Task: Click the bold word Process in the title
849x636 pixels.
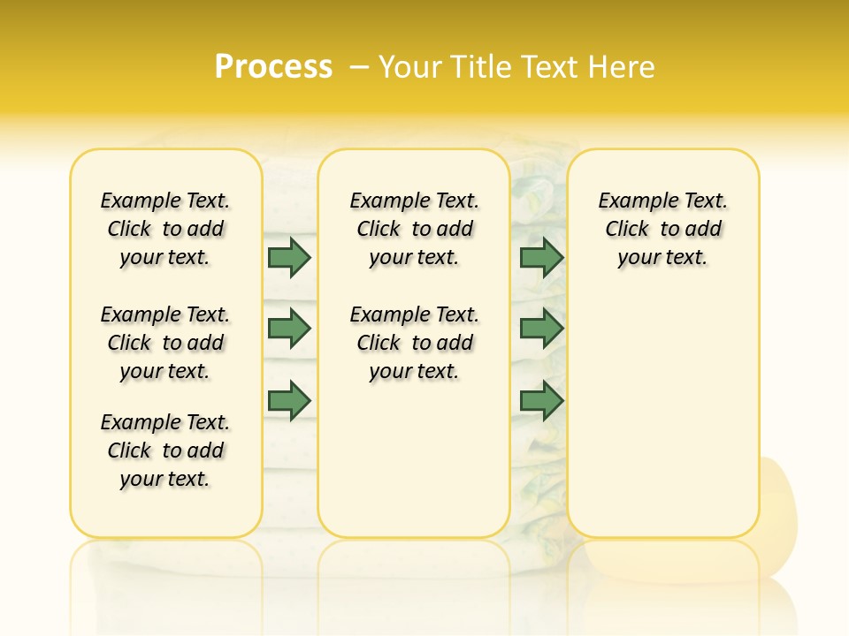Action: [273, 66]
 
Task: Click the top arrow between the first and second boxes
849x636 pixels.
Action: [289, 257]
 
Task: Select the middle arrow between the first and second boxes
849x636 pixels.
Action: [289, 329]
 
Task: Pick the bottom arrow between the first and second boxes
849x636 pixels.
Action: [289, 400]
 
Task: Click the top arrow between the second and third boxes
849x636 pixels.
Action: [541, 257]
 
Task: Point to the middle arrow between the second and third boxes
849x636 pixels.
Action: [541, 329]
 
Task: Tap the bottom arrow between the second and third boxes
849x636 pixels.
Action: [541, 400]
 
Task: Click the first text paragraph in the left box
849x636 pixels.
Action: [165, 229]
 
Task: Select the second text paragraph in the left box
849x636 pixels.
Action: [165, 343]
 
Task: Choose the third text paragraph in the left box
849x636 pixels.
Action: [165, 450]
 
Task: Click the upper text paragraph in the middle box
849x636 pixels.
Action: [414, 229]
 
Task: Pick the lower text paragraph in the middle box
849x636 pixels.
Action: [414, 343]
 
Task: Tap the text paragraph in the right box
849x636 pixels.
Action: [662, 229]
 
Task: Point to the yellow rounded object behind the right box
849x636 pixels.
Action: [780, 503]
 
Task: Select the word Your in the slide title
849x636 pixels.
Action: [409, 67]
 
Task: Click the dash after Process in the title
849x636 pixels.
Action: [359, 67]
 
